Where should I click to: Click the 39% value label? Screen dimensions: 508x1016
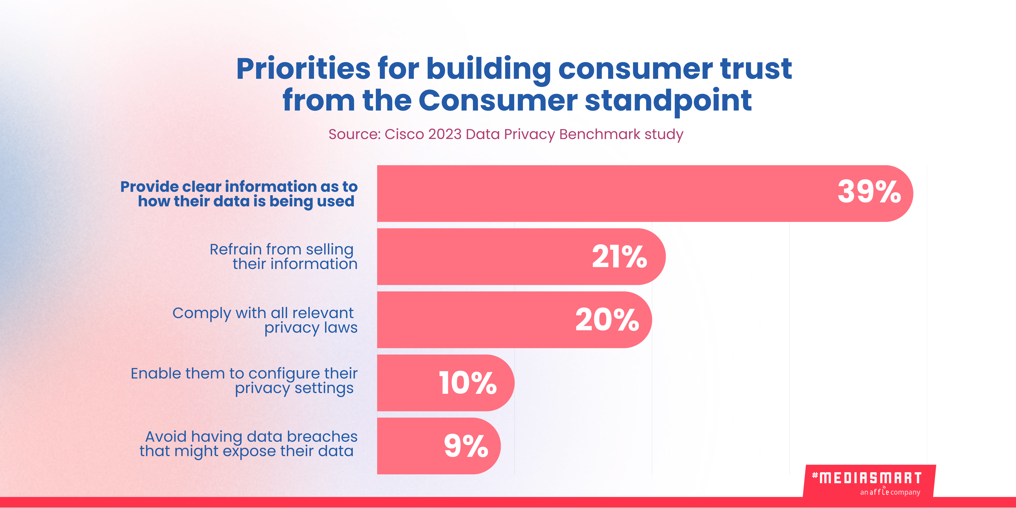[869, 192]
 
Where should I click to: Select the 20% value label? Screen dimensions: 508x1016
[607, 320]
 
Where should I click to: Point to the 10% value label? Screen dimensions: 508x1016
[467, 383]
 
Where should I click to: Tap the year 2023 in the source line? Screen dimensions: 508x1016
[444, 134]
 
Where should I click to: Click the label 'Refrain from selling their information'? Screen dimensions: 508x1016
[283, 256]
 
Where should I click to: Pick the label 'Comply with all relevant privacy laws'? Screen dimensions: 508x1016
[265, 320]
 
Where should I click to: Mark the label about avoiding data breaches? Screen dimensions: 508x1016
[248, 444]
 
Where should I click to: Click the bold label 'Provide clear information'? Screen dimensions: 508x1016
[239, 194]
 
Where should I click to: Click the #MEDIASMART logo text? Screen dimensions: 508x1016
[867, 478]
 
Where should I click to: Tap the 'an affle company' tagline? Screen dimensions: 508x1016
[890, 492]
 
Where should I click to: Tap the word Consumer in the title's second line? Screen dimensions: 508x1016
[498, 101]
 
